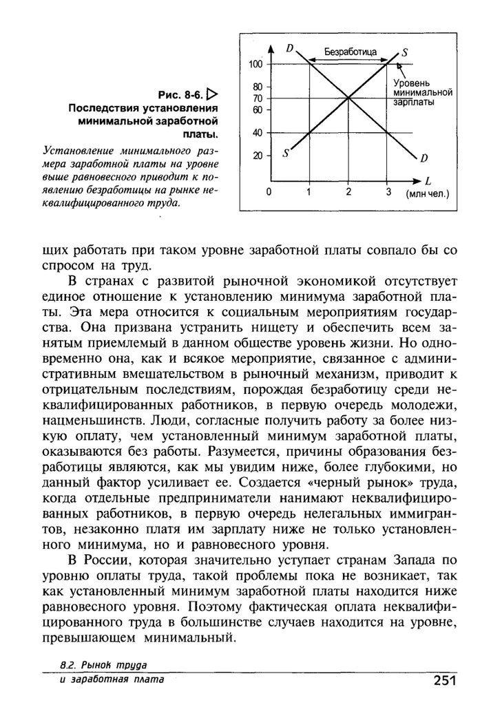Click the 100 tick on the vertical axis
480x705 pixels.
[x=256, y=64]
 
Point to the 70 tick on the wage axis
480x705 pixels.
[x=258, y=98]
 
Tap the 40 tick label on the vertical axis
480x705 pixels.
[x=258, y=132]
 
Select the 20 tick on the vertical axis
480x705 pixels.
[x=258, y=156]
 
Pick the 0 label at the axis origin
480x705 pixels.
[x=269, y=192]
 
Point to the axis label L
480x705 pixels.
[x=428, y=182]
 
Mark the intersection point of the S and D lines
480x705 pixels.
[x=348, y=98]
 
